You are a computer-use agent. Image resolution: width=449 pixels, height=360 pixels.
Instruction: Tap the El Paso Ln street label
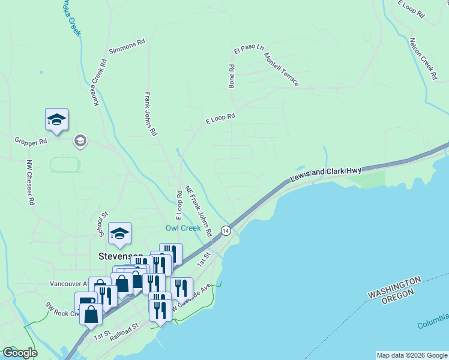(249, 47)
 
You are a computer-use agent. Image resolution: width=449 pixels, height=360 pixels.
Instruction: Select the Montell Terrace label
(281, 69)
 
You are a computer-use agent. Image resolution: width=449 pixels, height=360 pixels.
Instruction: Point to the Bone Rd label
(231, 77)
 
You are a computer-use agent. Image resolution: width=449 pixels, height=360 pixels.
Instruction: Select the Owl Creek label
(183, 228)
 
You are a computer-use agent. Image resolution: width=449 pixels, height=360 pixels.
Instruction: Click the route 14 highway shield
(225, 230)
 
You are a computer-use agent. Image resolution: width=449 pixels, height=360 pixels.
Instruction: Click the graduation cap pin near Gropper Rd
(56, 119)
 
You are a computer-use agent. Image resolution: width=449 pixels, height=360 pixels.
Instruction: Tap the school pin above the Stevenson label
(119, 234)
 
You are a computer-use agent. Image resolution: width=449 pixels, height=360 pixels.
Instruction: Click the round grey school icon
(79, 141)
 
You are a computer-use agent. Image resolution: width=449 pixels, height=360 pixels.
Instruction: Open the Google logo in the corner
(20, 353)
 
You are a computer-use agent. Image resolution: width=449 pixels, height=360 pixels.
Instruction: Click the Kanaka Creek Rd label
(99, 83)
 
